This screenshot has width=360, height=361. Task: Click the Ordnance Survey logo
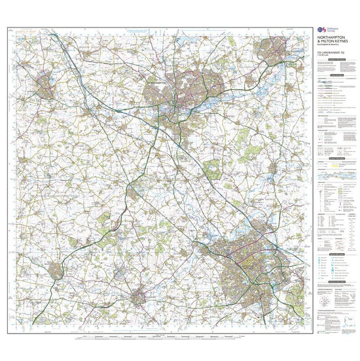coord(320,30)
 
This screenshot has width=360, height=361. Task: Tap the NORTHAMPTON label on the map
coord(160,85)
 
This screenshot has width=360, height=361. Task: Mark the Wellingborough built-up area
coord(271,49)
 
